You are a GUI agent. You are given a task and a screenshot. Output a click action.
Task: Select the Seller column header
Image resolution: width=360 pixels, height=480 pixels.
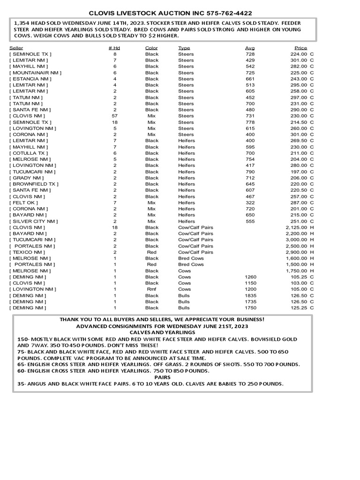(16, 48)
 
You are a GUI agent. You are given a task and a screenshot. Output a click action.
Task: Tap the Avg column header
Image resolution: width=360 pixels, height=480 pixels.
(250, 48)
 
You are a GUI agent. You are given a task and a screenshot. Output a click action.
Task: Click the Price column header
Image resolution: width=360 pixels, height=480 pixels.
(300, 48)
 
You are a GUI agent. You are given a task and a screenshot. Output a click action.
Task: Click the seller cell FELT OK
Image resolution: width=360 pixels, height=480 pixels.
(23, 202)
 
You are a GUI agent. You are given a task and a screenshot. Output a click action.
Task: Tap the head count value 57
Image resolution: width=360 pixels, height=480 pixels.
(114, 116)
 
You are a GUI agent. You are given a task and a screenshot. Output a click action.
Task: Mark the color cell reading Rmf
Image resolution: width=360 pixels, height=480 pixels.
(152, 289)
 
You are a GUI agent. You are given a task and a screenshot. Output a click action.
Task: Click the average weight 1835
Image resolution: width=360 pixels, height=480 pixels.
(251, 295)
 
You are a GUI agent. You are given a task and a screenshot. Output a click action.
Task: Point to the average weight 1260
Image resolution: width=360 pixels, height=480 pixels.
(251, 277)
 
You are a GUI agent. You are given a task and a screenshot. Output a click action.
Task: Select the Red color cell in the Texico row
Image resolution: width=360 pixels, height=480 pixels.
(152, 252)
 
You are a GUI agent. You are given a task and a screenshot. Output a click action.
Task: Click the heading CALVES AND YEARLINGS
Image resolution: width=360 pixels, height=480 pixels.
(162, 332)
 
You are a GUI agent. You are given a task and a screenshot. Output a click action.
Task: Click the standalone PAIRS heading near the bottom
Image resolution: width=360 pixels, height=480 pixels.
(162, 377)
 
